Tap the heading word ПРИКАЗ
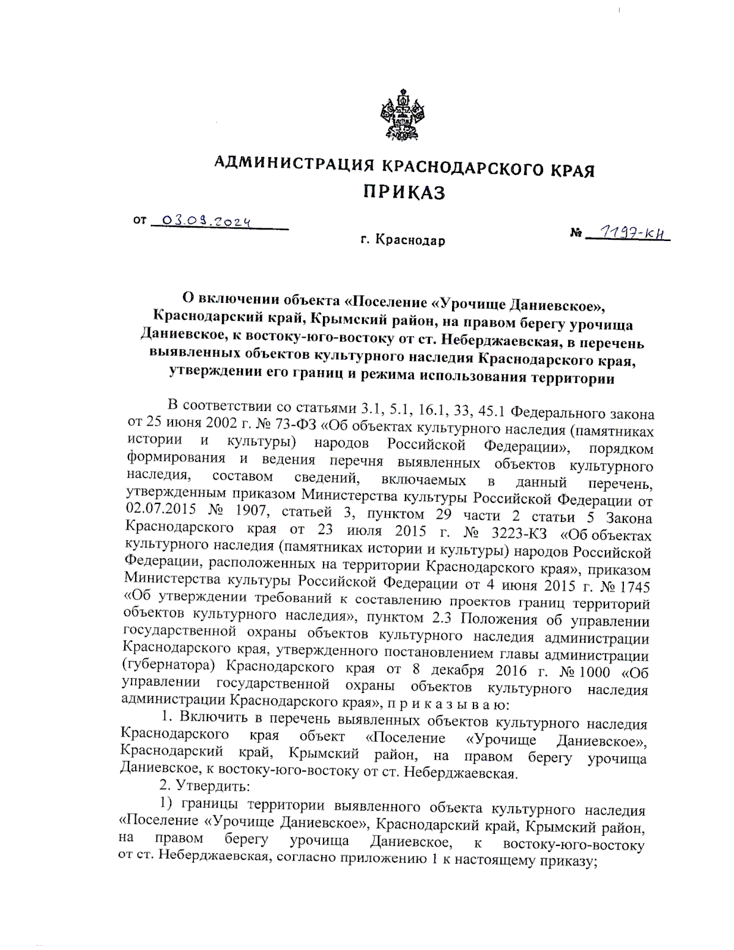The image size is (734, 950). pyautogui.click(x=404, y=193)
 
